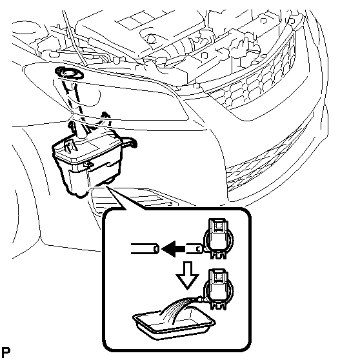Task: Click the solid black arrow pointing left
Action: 174,248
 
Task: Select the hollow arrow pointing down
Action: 187,275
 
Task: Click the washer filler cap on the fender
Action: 69,74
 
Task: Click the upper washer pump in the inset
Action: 218,239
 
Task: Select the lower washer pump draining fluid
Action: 218,289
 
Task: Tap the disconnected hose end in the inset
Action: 145,248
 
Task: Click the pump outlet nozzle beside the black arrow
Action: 194,248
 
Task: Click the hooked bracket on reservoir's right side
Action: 128,141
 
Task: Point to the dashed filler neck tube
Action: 75,101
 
